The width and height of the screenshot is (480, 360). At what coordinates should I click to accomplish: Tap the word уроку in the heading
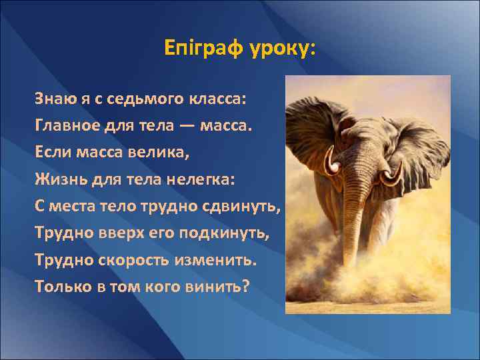[x=280, y=49]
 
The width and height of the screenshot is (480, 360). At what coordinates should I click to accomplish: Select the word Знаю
[x=54, y=99]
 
